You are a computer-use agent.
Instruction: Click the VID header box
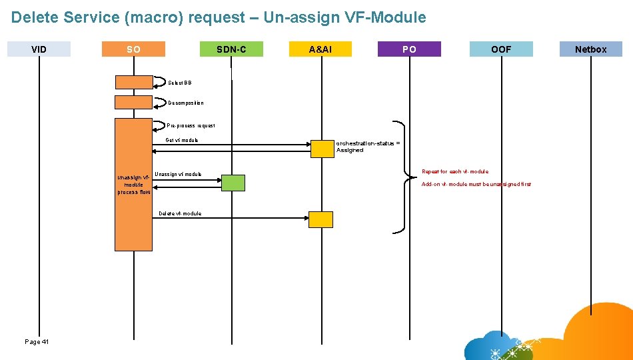coord(39,49)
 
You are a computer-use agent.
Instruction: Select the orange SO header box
coord(133,49)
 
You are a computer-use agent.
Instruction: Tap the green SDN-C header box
coord(231,49)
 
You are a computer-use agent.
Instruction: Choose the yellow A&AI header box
coord(320,49)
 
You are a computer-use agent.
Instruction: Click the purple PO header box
coord(409,49)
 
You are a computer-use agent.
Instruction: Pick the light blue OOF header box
coord(501,49)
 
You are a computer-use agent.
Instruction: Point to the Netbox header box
coord(590,49)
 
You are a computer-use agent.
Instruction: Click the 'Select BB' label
coord(179,83)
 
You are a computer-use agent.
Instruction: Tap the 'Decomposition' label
coord(186,103)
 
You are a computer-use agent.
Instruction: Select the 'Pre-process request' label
coord(191,125)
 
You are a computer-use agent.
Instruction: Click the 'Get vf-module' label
coord(181,140)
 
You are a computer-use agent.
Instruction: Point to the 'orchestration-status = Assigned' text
coord(368,147)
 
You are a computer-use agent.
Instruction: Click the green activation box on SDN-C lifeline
coord(233,183)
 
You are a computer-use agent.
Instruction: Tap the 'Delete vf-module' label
coord(180,213)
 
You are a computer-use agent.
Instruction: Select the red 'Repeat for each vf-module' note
coord(455,171)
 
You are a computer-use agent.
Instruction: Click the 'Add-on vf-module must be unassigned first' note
coord(476,184)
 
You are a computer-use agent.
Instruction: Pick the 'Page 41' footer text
coord(37,342)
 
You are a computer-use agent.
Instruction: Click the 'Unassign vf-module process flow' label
coord(134,185)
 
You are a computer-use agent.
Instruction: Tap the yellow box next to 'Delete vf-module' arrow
coord(320,219)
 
